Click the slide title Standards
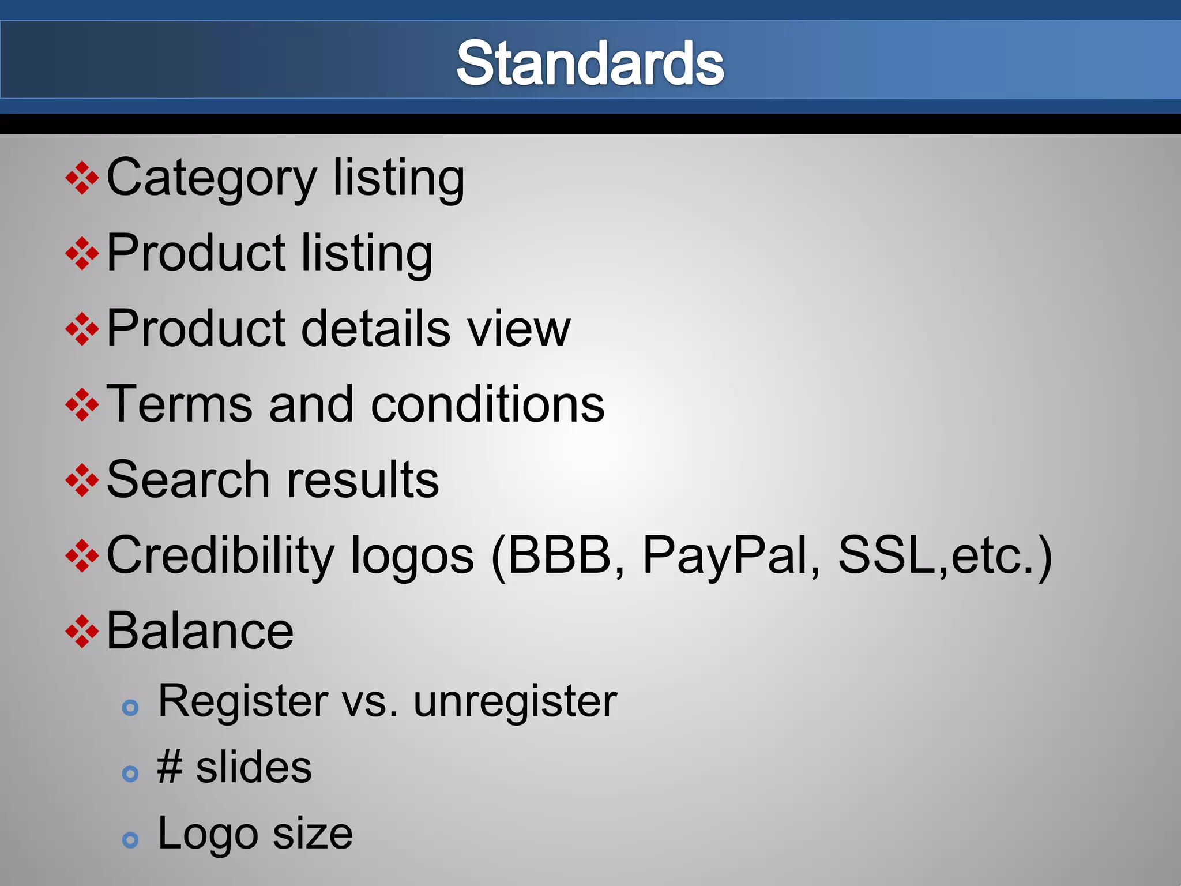[x=590, y=63]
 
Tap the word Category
[x=212, y=178]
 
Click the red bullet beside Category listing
[x=82, y=178]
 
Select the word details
[x=375, y=328]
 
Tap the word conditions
[x=487, y=404]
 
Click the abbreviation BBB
[x=559, y=555]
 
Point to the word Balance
[x=200, y=631]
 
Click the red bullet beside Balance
[x=82, y=632]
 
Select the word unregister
[x=515, y=701]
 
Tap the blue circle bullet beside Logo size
[x=131, y=840]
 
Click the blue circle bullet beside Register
[x=131, y=707]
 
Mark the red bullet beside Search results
[x=82, y=480]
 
